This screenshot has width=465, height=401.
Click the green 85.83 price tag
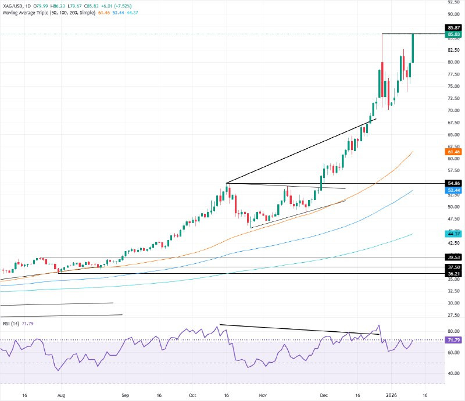[x=453, y=35]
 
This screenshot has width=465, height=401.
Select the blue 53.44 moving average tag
[x=453, y=190]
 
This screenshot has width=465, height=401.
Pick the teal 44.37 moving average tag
[x=453, y=234]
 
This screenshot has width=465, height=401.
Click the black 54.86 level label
[x=453, y=183]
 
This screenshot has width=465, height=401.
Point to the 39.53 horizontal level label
[x=453, y=257]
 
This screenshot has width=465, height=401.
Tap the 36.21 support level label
[x=453, y=273]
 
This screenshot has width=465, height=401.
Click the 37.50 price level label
[x=453, y=267]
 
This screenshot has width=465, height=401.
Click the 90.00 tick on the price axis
[x=453, y=14]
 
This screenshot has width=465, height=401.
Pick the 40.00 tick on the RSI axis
[x=453, y=373]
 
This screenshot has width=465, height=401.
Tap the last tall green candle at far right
[x=413, y=48]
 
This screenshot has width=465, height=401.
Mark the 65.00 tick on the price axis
[x=453, y=134]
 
